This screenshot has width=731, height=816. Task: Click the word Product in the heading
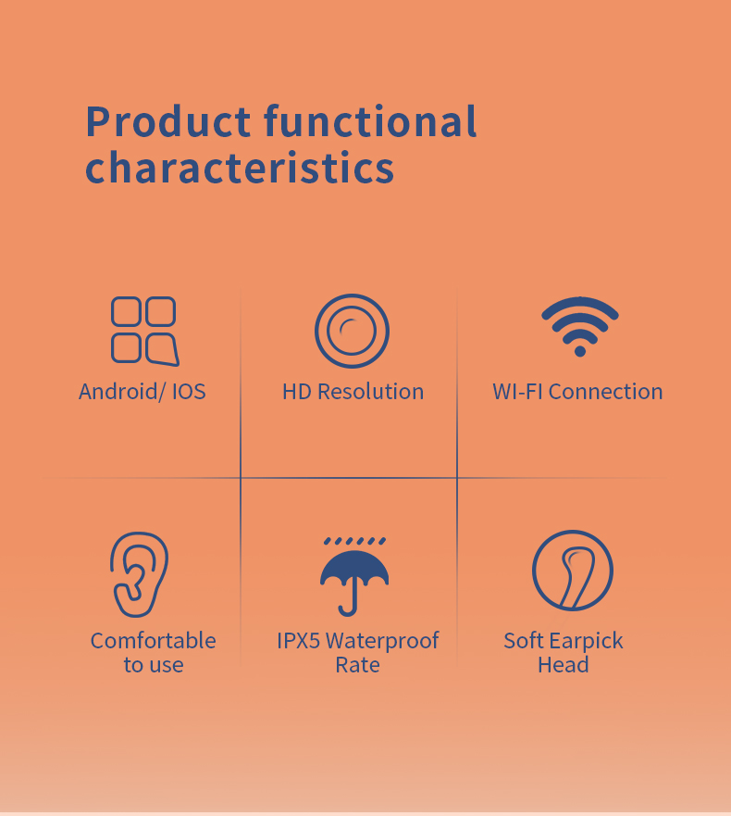pos(167,122)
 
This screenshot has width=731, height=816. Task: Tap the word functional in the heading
pos(370,122)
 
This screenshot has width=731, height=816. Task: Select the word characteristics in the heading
pos(240,169)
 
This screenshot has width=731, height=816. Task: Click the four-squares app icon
pos(143,330)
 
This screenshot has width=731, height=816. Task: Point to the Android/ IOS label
pos(142,392)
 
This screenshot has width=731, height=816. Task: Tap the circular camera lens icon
pos(352,331)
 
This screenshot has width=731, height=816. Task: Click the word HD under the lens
pos(297,392)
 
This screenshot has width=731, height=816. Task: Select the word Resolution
pos(370,392)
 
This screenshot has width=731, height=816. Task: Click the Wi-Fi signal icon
pos(580,324)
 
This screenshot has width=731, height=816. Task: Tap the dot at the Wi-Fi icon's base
pos(580,350)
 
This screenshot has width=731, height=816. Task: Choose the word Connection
pos(605,392)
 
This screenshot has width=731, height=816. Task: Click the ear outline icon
pos(140,573)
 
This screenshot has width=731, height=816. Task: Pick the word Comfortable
pos(154,641)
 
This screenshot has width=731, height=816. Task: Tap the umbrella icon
pos(353,574)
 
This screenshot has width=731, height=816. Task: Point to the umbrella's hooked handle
pos(348,605)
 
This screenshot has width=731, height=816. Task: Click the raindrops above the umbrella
pos(354,541)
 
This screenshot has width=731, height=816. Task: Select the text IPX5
pos(299,641)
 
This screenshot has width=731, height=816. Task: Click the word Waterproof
pos(382,641)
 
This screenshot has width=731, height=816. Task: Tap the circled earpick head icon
pos(573,571)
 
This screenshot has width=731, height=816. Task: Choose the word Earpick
pos(586,641)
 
